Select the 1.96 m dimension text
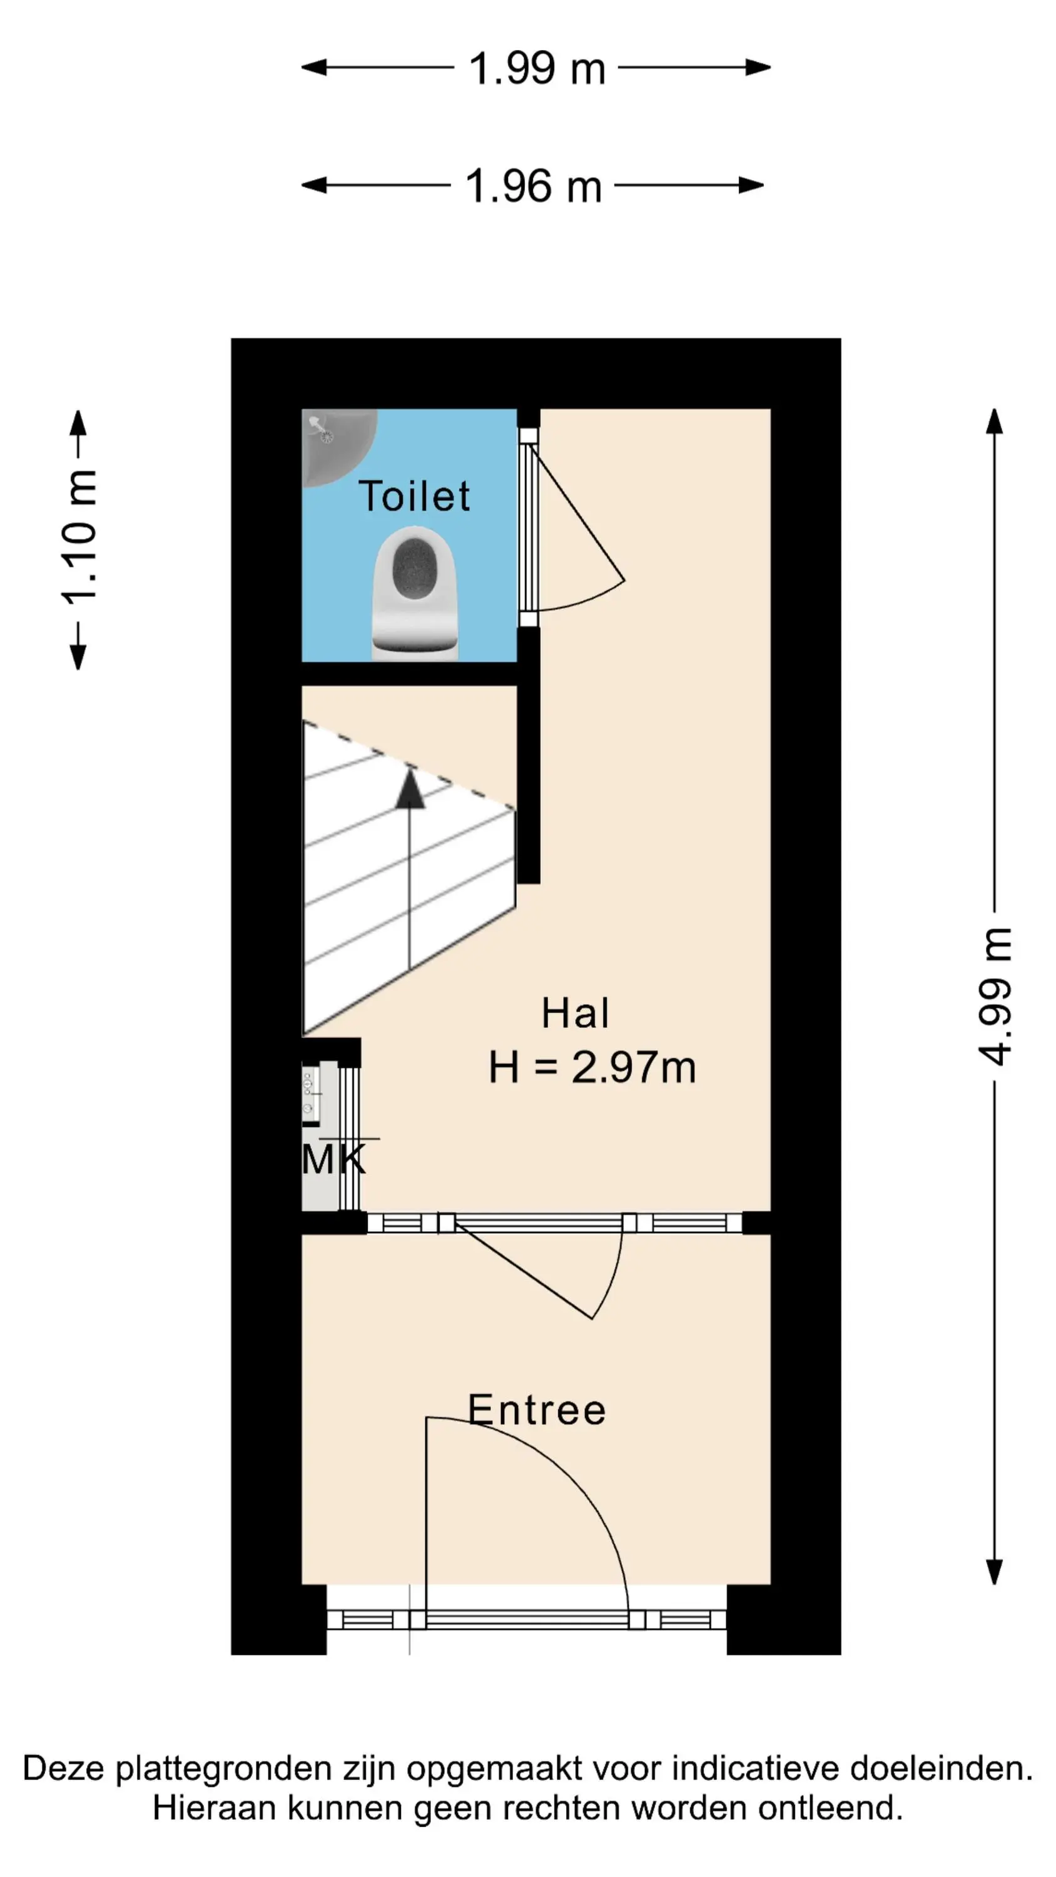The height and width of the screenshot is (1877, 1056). point(534,186)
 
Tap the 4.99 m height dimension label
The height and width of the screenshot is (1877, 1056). point(994,996)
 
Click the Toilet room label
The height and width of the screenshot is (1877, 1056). point(414,496)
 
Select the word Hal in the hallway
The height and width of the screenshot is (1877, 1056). point(575,1013)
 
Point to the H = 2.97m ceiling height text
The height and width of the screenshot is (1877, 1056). point(592,1067)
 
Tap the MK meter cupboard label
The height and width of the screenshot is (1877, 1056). point(333,1159)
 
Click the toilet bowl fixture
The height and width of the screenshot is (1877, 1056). point(415,594)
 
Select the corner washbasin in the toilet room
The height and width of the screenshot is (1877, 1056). point(338,447)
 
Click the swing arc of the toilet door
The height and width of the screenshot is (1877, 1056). point(591,599)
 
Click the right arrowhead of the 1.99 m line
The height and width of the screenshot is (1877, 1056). point(758,68)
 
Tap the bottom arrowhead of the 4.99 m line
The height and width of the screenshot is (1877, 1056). point(994,1572)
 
